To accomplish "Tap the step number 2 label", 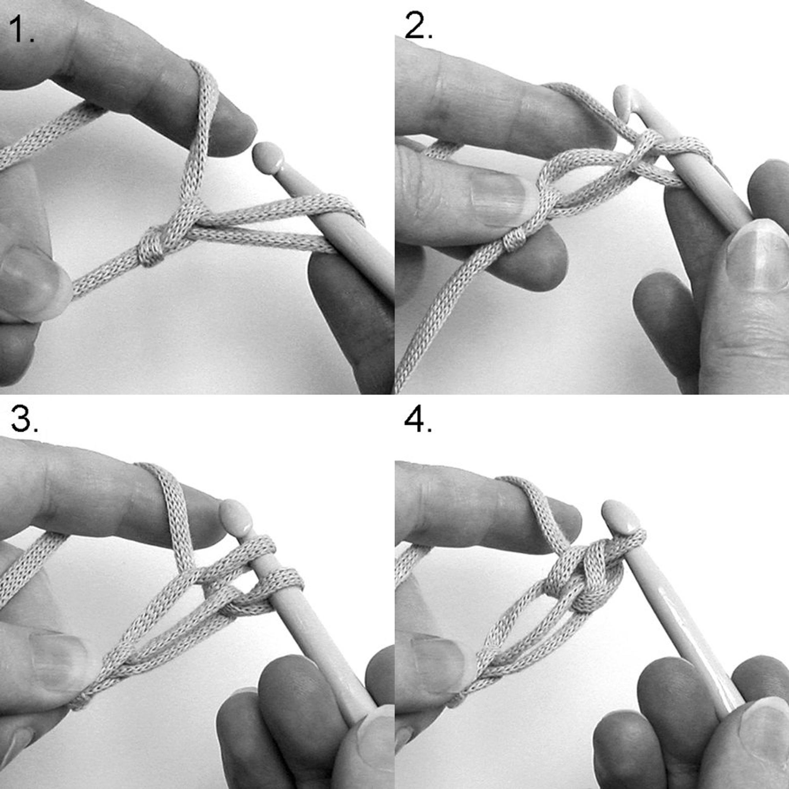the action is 418,25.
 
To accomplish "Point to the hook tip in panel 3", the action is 236,516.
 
